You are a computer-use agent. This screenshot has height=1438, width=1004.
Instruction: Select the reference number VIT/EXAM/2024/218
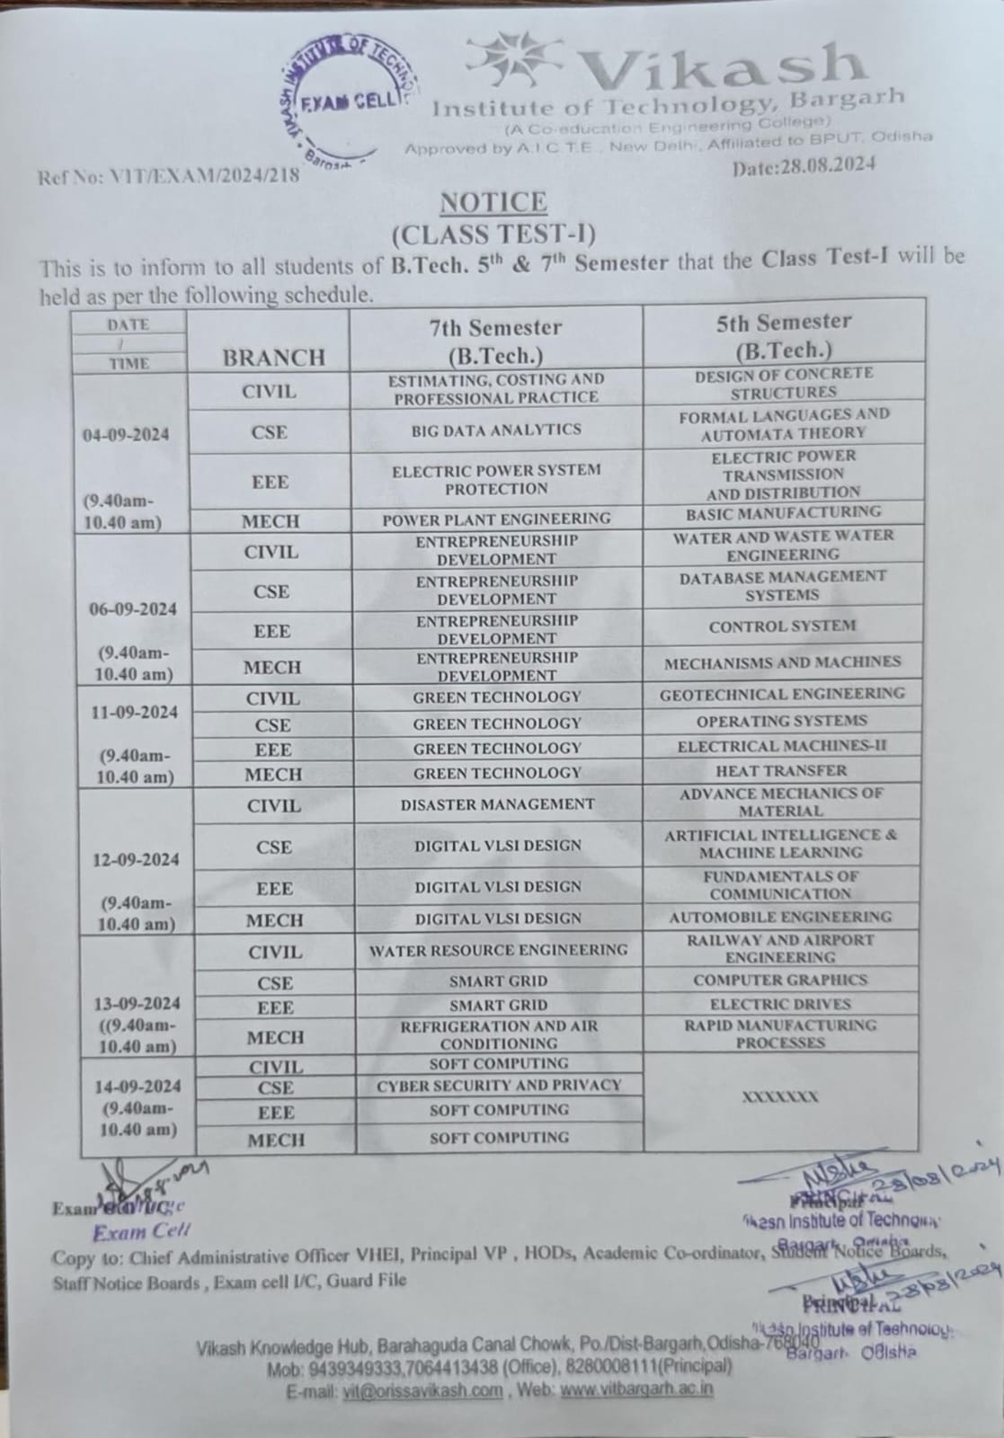coord(168,176)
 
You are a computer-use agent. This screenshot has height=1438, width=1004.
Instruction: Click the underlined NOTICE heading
coord(493,203)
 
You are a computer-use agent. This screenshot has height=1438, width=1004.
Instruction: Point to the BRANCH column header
coord(273,358)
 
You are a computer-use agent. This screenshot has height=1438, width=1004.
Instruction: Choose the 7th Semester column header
coord(495,340)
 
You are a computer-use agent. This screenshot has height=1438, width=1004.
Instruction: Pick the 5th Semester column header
coord(783,334)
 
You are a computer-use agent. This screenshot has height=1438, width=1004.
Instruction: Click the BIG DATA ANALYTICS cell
coord(496,431)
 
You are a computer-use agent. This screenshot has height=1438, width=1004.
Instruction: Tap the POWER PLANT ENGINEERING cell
coord(496,519)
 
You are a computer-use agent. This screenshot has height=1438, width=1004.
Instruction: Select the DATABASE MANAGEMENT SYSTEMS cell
coord(782,585)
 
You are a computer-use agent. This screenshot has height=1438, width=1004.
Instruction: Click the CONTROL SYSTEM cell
coord(782,626)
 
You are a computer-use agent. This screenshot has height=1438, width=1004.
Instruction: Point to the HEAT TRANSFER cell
coord(781,770)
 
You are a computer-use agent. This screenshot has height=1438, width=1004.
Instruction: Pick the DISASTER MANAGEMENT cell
coord(497,804)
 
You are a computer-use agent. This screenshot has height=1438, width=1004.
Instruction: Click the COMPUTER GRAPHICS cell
coord(780,980)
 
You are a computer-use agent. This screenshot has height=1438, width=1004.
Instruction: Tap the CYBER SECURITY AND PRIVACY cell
coord(499,1086)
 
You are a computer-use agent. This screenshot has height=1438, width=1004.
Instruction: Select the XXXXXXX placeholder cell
coord(779,1096)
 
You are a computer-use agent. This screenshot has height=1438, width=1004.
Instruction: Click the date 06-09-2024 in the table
coord(133,608)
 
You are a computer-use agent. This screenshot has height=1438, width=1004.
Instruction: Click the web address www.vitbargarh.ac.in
coord(636,1389)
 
